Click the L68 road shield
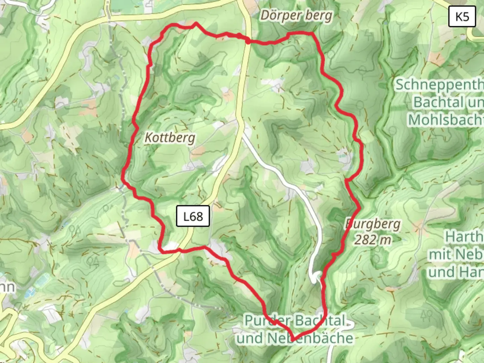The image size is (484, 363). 193,216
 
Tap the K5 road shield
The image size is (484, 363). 462,16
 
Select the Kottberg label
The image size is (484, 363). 170,138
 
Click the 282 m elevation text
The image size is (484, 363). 373,240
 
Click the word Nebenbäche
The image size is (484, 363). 310,338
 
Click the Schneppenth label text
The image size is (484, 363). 439,85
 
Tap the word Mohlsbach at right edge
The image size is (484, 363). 446,120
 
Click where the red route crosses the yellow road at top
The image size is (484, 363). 248,41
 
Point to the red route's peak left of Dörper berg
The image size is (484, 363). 195,24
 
